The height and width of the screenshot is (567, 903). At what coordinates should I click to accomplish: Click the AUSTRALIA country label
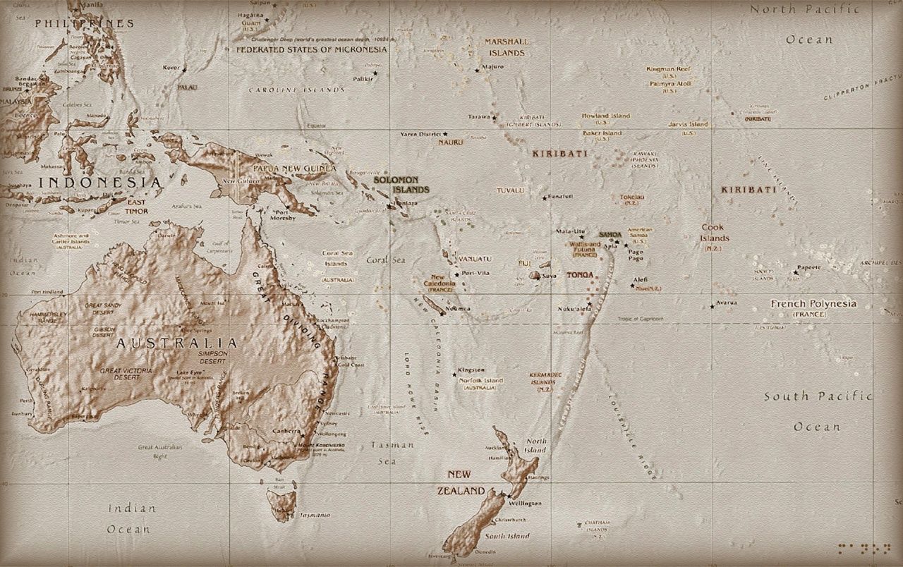(x=176, y=343)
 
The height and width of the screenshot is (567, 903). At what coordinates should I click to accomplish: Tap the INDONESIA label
(x=99, y=183)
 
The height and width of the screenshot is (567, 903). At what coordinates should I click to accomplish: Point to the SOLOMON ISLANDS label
(x=401, y=185)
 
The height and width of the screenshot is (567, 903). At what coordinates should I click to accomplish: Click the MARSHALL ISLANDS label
(x=505, y=47)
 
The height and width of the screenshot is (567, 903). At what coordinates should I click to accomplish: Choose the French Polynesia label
(x=813, y=304)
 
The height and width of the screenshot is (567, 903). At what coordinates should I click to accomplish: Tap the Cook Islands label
(x=715, y=233)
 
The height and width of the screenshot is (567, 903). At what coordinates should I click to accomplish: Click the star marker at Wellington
(x=502, y=496)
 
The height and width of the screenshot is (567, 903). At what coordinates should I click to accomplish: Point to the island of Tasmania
(x=281, y=504)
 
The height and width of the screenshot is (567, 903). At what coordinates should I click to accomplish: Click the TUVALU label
(x=510, y=190)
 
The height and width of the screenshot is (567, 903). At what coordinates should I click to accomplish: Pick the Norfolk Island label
(x=480, y=380)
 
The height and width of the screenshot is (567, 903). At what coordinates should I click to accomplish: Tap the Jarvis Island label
(x=688, y=124)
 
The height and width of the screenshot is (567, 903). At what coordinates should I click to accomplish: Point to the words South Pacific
(x=818, y=396)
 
